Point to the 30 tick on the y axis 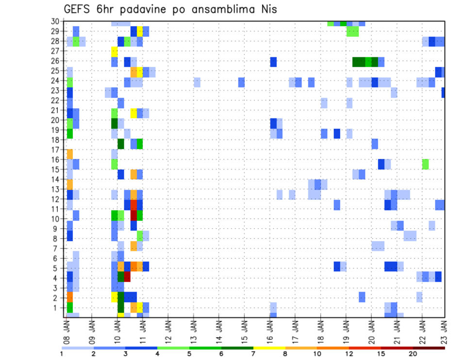point(57,21)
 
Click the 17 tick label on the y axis point(57,149)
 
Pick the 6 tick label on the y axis point(59,258)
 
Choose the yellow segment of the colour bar point(269,347)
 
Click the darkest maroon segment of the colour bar point(429,347)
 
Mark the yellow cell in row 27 point(115,51)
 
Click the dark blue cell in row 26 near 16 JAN point(273,62)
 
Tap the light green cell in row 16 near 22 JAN point(426,164)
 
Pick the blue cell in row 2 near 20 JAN point(362,296)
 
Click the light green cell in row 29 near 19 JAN point(352,32)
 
